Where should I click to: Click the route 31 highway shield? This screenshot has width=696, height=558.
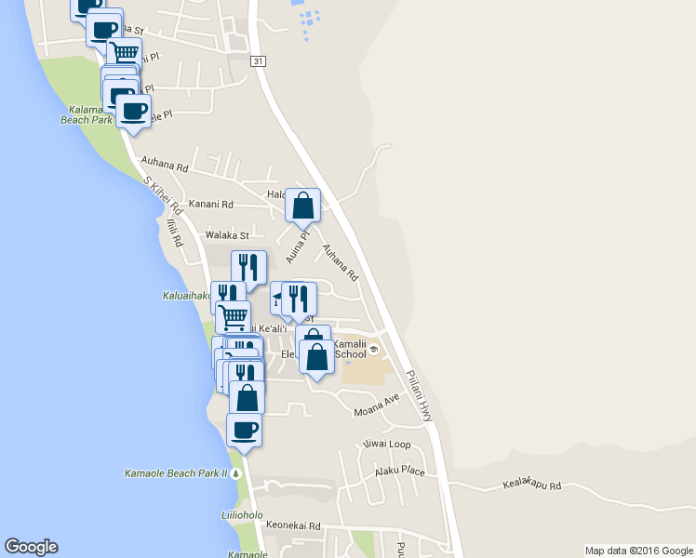tap(259, 61)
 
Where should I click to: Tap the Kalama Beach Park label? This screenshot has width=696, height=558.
tap(87, 114)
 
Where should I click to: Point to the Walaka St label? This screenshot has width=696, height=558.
tap(228, 235)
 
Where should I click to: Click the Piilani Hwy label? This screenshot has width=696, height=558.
tap(420, 398)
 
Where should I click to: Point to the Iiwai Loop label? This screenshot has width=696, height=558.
tap(386, 444)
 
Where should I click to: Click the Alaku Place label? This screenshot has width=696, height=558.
tap(399, 472)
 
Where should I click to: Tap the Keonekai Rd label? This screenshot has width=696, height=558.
tap(293, 525)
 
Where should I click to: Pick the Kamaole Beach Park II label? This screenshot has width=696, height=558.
tap(176, 473)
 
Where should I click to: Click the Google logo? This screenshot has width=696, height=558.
tap(32, 547)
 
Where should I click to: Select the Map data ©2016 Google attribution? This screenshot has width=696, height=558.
tap(637, 551)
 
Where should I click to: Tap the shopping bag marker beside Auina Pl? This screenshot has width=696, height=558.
tap(303, 206)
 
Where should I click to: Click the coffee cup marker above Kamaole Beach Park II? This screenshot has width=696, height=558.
tap(244, 431)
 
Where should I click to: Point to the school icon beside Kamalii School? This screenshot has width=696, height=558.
tap(373, 350)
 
